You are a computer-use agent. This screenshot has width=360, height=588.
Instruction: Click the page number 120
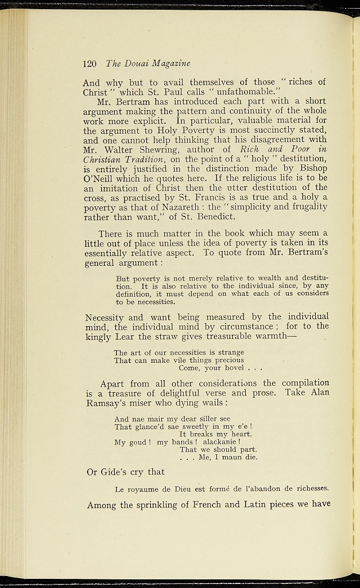click(x=89, y=63)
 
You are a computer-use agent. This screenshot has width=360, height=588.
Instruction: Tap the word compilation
click(x=304, y=383)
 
